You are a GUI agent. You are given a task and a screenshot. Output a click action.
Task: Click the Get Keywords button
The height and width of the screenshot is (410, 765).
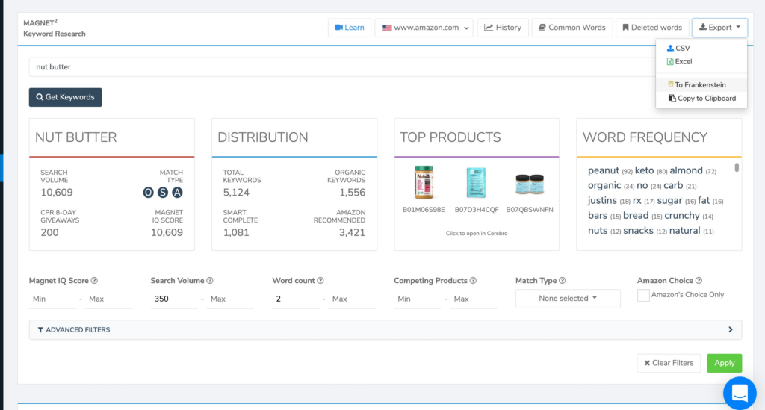(65, 97)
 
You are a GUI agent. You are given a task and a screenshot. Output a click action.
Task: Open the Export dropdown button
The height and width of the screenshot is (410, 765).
(719, 28)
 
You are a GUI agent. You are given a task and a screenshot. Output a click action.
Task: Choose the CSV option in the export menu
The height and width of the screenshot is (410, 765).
(682, 48)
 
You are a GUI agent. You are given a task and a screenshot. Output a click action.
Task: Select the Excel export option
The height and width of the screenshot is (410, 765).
(683, 61)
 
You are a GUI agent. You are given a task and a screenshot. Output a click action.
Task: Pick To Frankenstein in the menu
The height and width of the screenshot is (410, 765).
(699, 84)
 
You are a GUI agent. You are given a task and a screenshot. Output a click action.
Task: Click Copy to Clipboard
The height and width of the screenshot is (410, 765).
(705, 98)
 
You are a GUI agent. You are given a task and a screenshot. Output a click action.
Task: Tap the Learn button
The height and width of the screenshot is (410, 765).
(349, 28)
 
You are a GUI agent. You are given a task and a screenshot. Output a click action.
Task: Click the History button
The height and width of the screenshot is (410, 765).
(502, 28)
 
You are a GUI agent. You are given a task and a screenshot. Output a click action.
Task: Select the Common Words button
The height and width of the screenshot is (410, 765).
(572, 28)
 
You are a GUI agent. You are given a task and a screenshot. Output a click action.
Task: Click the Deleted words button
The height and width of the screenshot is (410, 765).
(651, 28)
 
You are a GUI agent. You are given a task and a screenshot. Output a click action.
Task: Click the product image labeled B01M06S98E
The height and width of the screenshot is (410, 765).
(424, 182)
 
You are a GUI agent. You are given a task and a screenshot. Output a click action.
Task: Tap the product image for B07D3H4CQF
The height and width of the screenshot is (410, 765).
(477, 182)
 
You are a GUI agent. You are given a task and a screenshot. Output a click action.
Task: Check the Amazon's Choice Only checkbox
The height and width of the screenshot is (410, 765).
(643, 295)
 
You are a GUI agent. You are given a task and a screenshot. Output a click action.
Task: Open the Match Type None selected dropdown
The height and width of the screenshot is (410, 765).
(568, 298)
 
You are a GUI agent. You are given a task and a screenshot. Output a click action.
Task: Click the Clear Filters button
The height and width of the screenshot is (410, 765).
(668, 363)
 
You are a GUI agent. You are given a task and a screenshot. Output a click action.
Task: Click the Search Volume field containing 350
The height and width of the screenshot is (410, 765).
(173, 299)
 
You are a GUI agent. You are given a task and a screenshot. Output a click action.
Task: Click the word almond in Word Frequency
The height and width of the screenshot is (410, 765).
(686, 170)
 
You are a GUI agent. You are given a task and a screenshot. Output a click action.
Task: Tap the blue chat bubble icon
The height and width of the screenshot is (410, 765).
(740, 392)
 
